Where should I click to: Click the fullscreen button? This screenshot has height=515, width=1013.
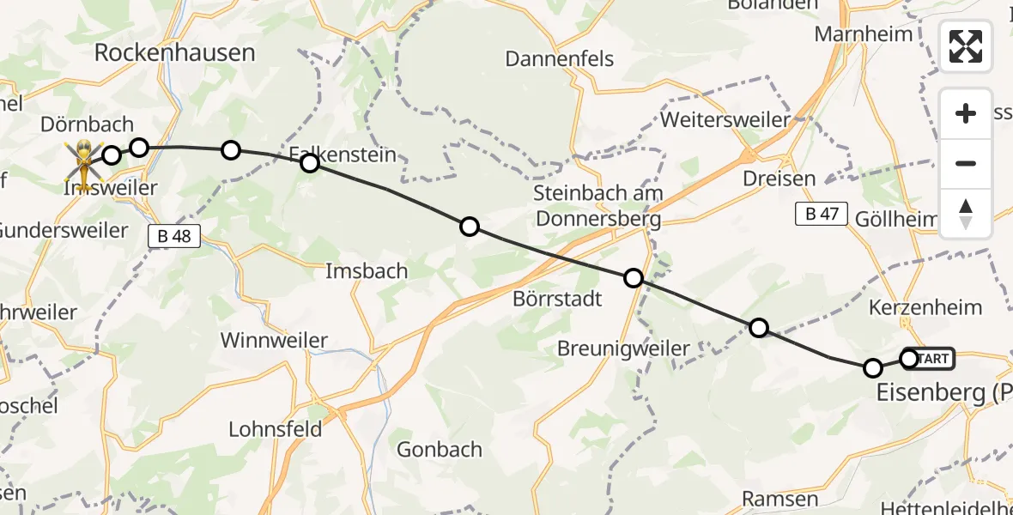point(966,46)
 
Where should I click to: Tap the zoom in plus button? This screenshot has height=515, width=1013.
point(966,114)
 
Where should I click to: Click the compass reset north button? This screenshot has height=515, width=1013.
point(966,214)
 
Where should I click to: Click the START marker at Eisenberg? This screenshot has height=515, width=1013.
point(932,358)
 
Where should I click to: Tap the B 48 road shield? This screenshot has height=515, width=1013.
point(174,236)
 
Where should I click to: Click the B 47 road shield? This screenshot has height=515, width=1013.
point(821,215)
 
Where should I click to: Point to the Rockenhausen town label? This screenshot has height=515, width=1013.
point(174,52)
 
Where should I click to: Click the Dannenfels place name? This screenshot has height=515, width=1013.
point(559,58)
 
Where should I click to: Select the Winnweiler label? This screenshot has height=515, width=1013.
point(274,340)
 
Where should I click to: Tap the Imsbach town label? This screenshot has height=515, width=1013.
point(367,271)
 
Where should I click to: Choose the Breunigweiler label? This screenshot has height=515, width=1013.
point(623,348)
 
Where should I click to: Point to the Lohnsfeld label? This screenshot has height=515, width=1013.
point(276,428)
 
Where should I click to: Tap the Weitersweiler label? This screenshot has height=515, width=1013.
point(725,119)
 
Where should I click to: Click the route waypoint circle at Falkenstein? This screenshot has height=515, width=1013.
point(310,163)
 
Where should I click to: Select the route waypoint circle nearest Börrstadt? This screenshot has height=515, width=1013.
point(634,278)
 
